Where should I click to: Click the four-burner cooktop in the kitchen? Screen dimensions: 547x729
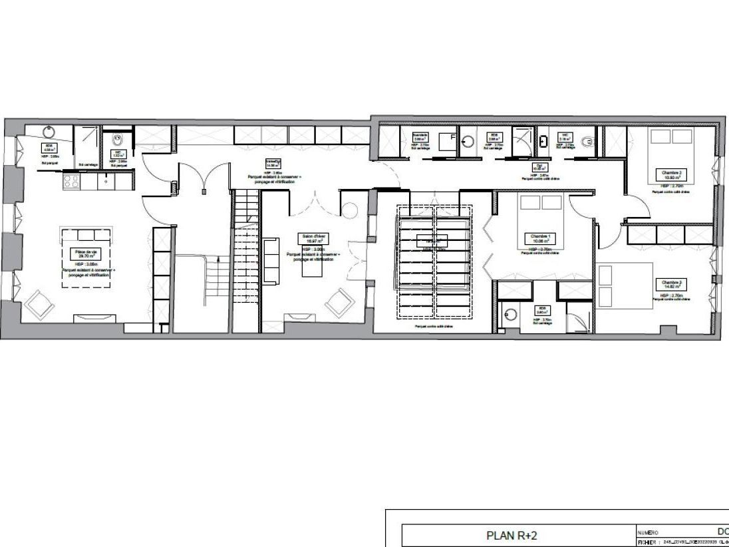click(71, 180)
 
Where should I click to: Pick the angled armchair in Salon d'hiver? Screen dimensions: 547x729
click(340, 303)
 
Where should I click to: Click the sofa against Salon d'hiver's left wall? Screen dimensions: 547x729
click(271, 260)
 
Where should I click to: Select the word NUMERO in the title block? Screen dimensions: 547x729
click(648, 532)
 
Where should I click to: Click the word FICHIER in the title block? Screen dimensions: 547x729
click(647, 542)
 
